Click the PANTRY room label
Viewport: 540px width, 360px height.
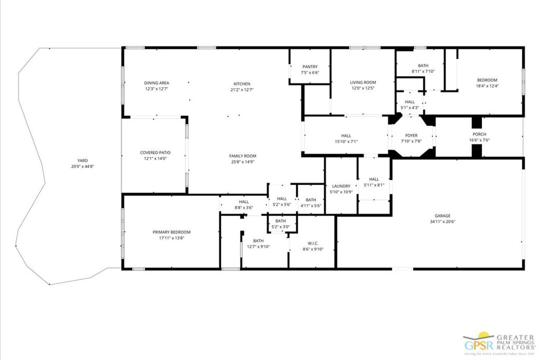click(x=310, y=66)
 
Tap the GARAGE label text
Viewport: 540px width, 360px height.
click(x=442, y=216)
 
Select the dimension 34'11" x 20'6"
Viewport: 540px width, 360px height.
click(x=442, y=222)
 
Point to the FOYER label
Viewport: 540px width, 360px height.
click(x=411, y=135)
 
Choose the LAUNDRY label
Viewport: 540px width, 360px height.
click(x=341, y=186)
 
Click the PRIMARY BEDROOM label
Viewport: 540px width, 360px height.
click(x=171, y=232)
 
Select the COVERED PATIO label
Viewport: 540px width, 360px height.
click(x=155, y=153)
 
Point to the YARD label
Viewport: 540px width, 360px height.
click(x=82, y=160)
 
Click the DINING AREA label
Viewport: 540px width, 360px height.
click(x=157, y=83)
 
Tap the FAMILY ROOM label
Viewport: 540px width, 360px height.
click(x=243, y=156)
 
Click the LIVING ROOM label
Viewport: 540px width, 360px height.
click(x=363, y=82)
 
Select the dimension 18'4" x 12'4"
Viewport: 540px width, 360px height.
click(x=487, y=86)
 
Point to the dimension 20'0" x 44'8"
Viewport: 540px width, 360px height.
click(x=82, y=166)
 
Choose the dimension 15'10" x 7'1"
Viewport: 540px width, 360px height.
click(x=346, y=141)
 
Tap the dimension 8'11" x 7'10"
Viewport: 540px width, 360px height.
click(x=423, y=71)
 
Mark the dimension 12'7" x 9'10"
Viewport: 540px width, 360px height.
click(x=258, y=247)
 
